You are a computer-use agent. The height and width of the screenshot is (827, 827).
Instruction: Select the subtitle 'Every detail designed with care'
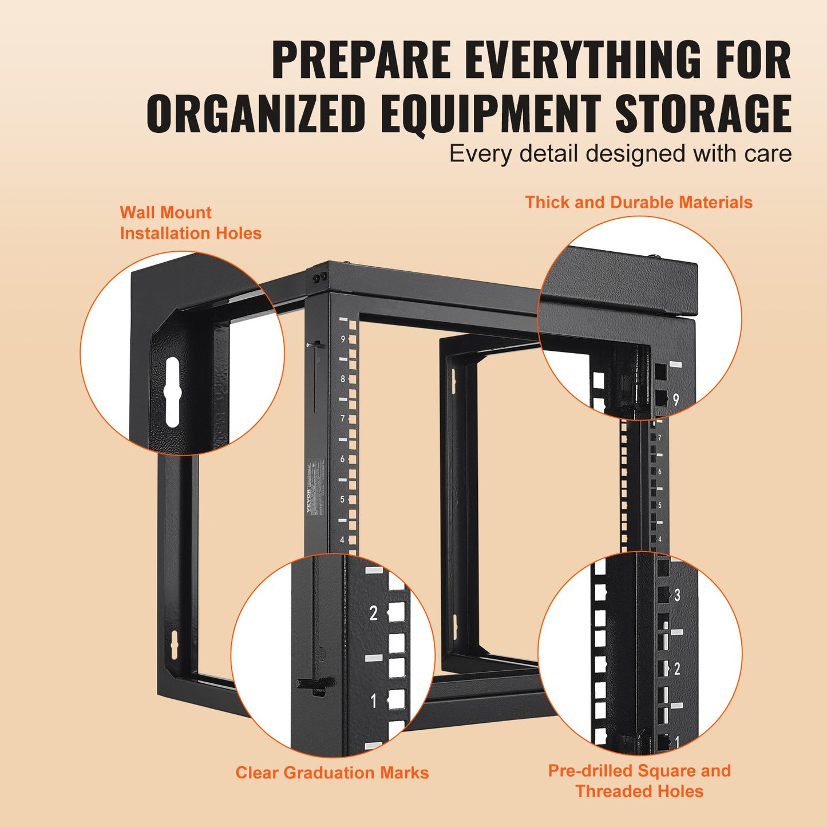tap(620, 154)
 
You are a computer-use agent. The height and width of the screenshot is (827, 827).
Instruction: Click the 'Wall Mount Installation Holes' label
tap(190, 223)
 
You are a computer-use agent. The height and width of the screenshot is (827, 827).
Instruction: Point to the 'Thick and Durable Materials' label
tap(639, 203)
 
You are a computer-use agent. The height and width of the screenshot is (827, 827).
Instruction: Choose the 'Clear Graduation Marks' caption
tap(332, 773)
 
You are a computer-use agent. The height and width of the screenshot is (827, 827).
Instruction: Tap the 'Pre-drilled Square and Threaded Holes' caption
tap(639, 781)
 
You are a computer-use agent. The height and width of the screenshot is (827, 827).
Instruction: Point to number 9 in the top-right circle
tap(675, 399)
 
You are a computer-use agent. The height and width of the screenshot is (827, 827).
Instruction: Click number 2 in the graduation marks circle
tap(373, 613)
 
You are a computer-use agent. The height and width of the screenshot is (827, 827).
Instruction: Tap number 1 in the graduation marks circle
tap(373, 700)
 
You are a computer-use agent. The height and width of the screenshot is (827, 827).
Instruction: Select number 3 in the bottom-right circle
tap(677, 595)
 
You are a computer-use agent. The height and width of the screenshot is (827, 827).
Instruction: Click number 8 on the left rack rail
tap(343, 379)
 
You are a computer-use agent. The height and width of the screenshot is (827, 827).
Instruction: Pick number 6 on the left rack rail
tap(343, 459)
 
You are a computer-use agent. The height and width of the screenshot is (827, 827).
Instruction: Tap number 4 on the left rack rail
tap(343, 540)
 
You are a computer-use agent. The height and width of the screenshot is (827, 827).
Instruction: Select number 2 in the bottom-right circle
tap(677, 668)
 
